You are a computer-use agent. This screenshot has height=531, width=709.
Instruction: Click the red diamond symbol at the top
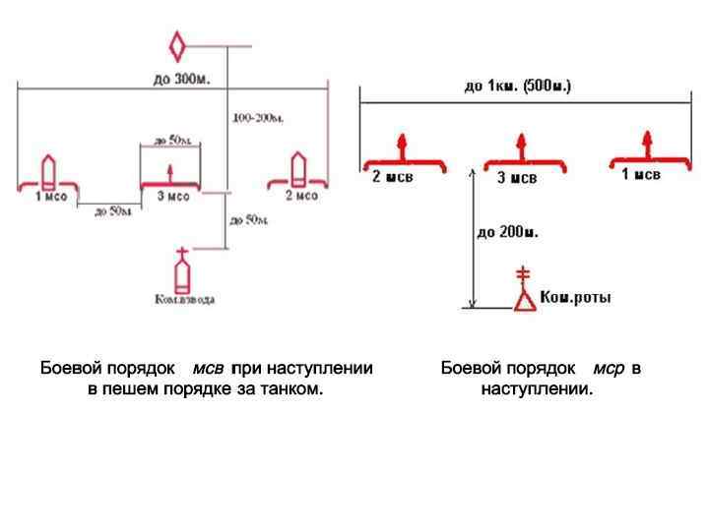(x=177, y=46)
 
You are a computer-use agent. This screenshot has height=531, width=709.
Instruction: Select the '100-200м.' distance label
(x=259, y=118)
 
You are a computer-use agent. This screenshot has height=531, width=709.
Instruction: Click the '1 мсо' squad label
(x=52, y=197)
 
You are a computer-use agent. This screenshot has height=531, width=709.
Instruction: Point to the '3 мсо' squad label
(x=173, y=197)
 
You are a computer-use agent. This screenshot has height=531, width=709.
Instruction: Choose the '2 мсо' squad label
(x=302, y=196)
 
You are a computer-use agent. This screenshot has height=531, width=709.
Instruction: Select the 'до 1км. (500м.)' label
(x=517, y=86)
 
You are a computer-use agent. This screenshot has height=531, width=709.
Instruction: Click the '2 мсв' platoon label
(x=392, y=177)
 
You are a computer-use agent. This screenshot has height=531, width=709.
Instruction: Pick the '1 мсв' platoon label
(x=640, y=174)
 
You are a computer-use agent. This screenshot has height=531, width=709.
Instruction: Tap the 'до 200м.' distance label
(x=508, y=233)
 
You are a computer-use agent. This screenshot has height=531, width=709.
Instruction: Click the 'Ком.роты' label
(x=575, y=297)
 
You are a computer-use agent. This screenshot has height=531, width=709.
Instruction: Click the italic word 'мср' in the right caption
(x=609, y=368)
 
